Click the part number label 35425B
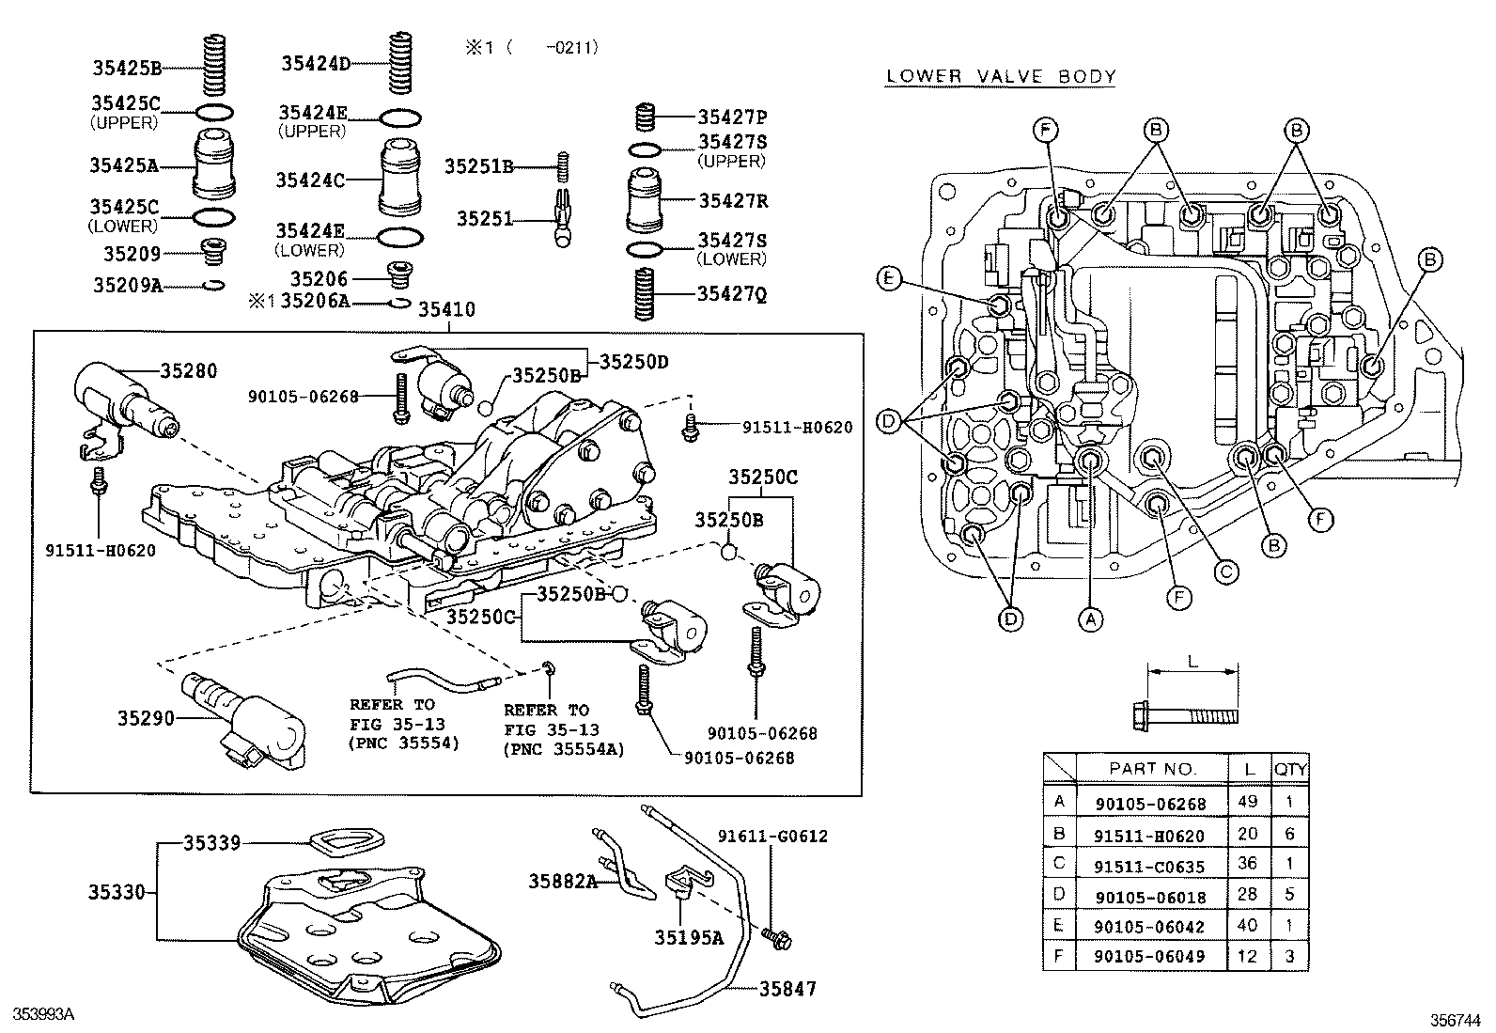127,67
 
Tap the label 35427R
733,200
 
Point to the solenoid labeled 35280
117,399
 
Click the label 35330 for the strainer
117,891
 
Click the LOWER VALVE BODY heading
1000,77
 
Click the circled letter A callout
1089,618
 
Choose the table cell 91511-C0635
1149,866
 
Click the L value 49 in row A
1248,802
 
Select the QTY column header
1289,768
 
